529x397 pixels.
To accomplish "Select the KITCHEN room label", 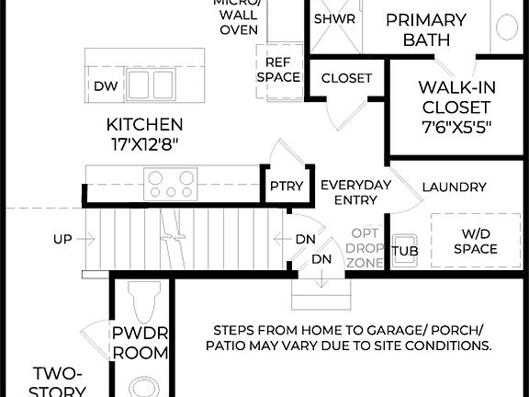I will point(144,124).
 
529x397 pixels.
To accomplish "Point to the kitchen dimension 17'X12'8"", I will point(144,143).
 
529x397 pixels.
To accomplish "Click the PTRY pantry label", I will point(280,187).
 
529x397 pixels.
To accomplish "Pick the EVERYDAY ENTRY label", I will point(355,193).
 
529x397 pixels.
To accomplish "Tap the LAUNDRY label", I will point(454,187).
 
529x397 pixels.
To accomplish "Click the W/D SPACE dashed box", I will point(475,241).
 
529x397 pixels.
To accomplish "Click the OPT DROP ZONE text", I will point(365,247).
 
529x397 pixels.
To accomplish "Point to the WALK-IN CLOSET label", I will point(456,96).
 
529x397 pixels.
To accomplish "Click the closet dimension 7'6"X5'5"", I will point(456,127).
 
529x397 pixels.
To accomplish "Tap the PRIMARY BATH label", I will point(425,29).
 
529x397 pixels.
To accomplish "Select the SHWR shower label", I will point(334,18).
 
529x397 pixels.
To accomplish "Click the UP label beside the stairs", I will point(62,239).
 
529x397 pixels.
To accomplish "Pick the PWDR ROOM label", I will point(140,343).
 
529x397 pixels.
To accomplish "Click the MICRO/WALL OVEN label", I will point(237,17).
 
